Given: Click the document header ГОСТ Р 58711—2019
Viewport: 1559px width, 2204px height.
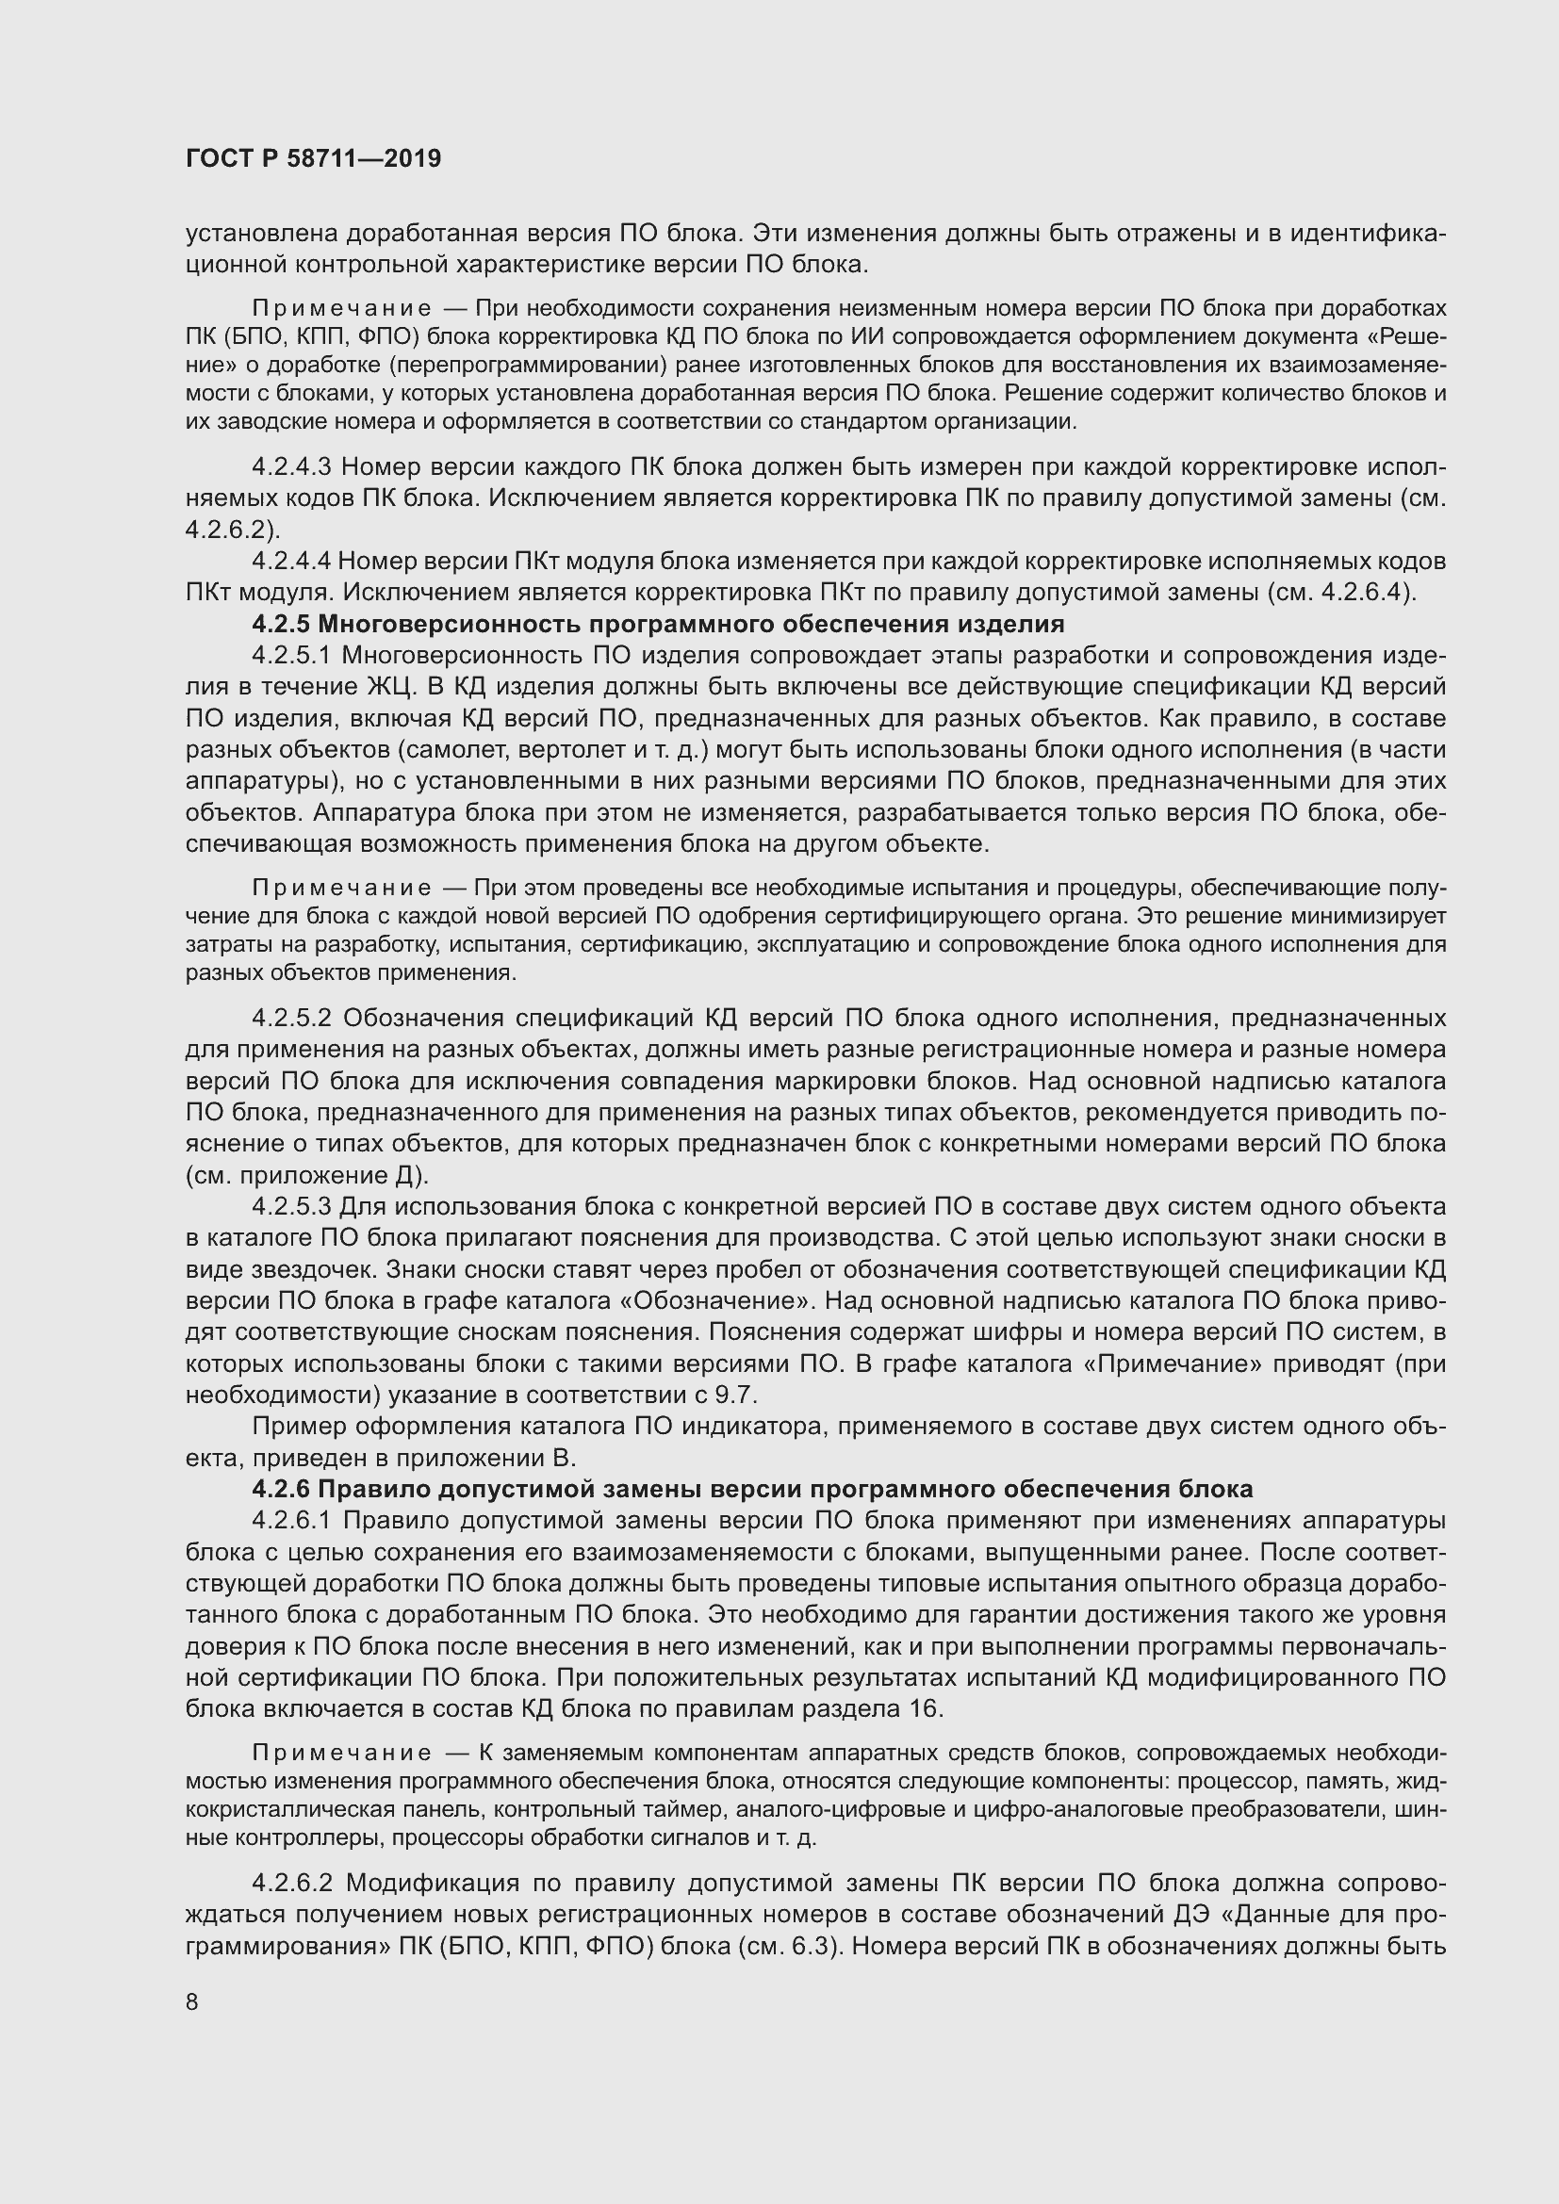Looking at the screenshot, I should point(313,159).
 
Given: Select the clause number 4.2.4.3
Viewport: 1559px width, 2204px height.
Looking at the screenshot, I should point(291,467).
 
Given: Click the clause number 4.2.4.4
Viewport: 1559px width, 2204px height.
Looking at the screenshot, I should point(290,561).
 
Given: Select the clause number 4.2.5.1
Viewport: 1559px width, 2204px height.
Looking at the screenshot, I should point(291,656).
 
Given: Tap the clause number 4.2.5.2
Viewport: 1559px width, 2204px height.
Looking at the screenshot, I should point(292,1018).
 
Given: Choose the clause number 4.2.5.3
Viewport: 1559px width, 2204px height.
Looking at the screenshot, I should point(291,1207).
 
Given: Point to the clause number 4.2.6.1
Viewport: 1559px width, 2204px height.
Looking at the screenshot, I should point(292,1522).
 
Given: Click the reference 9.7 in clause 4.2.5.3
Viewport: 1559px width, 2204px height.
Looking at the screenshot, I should point(738,1395).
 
